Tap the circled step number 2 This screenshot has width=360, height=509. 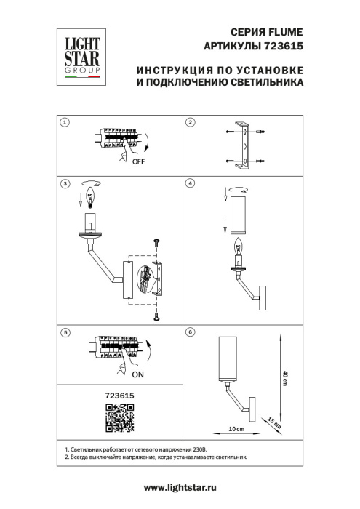(x=191, y=123)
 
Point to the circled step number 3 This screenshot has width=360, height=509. (x=65, y=184)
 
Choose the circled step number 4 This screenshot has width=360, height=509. (x=191, y=184)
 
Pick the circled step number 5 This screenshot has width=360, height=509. (x=65, y=332)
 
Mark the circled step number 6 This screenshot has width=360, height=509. (x=191, y=332)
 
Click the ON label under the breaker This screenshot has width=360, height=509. (x=137, y=376)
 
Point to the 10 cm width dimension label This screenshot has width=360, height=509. (x=236, y=430)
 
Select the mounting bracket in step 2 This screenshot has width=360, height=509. (x=246, y=144)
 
